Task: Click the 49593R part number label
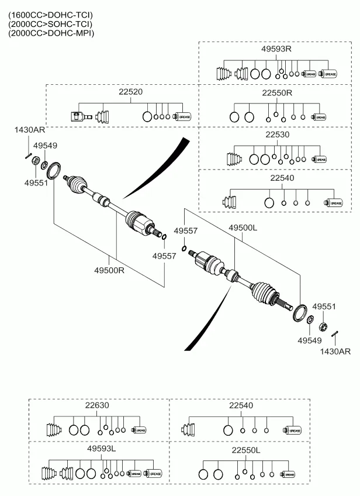[x=276, y=49]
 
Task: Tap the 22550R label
[x=276, y=92]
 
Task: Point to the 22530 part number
[x=277, y=135]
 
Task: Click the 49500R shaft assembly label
[x=109, y=270]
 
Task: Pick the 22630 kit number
[x=96, y=405]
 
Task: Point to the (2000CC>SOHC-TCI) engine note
[x=50, y=23]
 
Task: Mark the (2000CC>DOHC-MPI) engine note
[x=50, y=33]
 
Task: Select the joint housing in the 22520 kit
[x=78, y=116]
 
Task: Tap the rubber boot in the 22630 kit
[x=54, y=430]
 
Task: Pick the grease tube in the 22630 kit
[x=139, y=430]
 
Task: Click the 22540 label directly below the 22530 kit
[x=282, y=178]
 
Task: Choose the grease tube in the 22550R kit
[x=319, y=117]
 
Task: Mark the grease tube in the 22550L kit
[x=287, y=474]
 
